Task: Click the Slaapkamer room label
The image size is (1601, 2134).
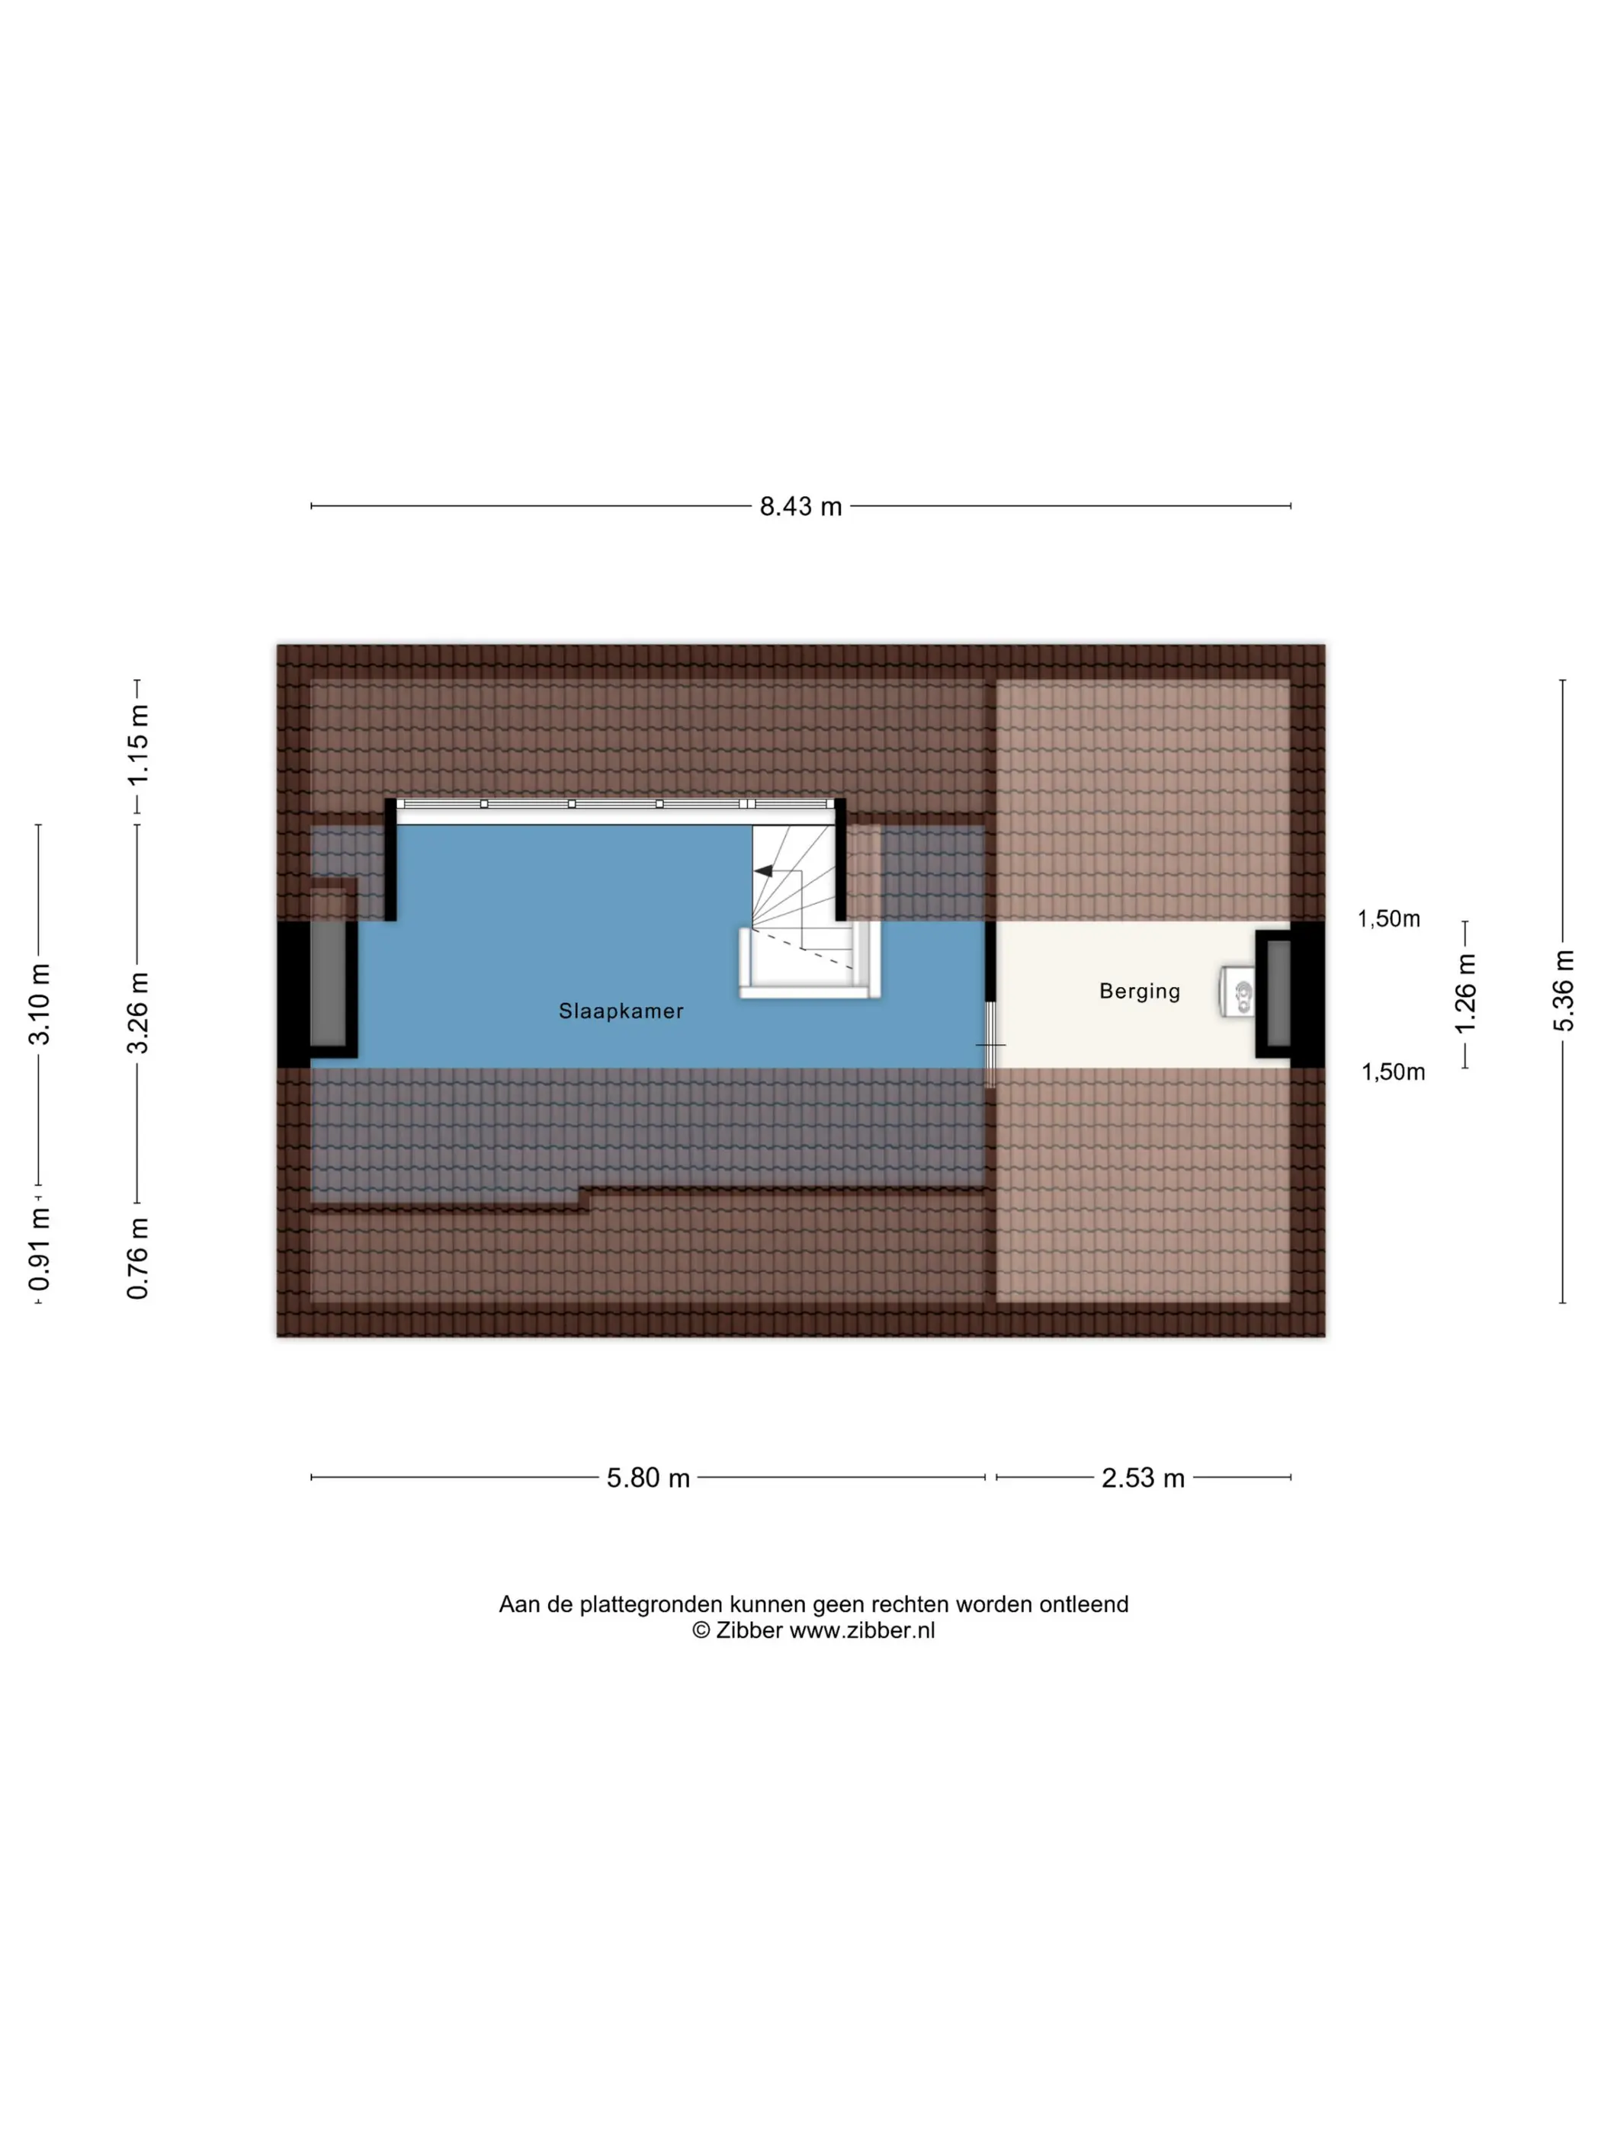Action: point(621,1011)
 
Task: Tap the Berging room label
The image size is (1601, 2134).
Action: point(1140,992)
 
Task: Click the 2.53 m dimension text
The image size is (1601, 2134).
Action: point(1143,1478)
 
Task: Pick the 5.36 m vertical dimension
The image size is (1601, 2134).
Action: point(1564,990)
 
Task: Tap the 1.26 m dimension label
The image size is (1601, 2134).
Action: point(1465,993)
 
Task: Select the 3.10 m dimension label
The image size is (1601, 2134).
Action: point(39,1003)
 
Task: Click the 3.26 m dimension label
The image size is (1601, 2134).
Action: point(138,1013)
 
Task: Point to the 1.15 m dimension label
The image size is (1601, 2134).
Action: point(138,745)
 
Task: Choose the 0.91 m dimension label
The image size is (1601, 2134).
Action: point(39,1249)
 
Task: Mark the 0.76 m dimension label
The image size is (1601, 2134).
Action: point(138,1258)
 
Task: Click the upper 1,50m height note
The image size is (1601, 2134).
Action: point(1389,918)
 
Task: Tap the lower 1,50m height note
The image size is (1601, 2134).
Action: point(1393,1072)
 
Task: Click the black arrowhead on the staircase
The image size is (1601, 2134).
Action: point(762,871)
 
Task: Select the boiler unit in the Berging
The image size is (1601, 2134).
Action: point(1237,992)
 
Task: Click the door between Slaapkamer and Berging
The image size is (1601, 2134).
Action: point(990,1045)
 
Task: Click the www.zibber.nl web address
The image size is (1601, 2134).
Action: point(861,1630)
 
